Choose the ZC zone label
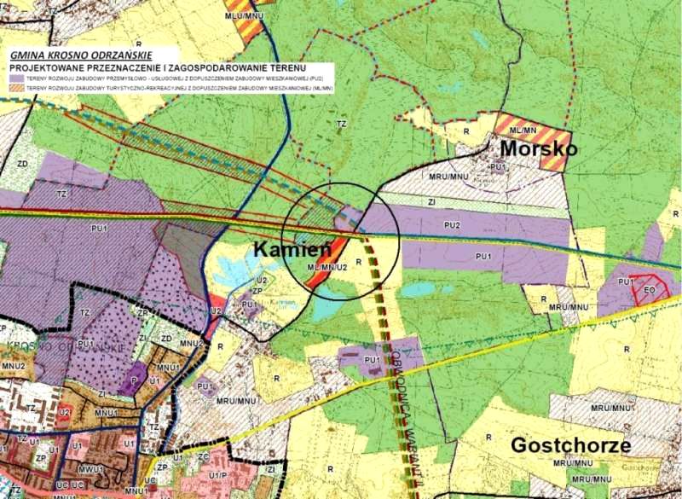point(203,457)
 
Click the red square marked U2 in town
point(64,413)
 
